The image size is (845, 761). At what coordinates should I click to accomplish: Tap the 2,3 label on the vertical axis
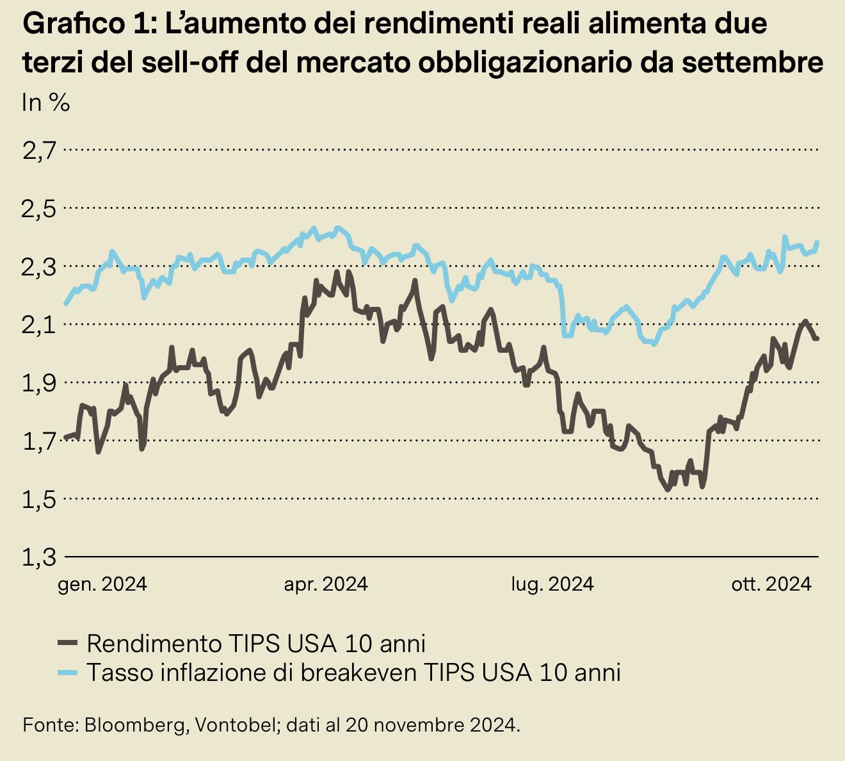pyautogui.click(x=39, y=267)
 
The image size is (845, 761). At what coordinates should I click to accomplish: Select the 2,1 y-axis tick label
pyautogui.click(x=39, y=325)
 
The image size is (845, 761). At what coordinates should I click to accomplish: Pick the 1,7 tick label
pyautogui.click(x=39, y=441)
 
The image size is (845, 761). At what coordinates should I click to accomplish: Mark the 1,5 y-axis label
pyautogui.click(x=39, y=500)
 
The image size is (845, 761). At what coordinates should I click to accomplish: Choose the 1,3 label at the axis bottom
pyautogui.click(x=39, y=557)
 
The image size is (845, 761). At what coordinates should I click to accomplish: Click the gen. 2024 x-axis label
pyautogui.click(x=102, y=584)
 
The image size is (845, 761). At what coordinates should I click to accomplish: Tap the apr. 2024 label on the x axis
pyautogui.click(x=326, y=584)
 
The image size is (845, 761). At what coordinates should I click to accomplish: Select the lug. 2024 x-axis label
pyautogui.click(x=552, y=584)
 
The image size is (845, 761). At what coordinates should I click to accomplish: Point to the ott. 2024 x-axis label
pyautogui.click(x=771, y=584)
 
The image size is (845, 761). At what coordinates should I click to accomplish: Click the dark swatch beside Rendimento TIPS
pyautogui.click(x=67, y=642)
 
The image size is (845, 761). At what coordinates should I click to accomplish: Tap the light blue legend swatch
pyautogui.click(x=67, y=672)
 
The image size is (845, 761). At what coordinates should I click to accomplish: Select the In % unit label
pyautogui.click(x=45, y=102)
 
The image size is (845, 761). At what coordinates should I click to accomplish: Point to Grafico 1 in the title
pyautogui.click(x=83, y=24)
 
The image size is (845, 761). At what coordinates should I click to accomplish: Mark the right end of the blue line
pyautogui.click(x=817, y=242)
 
